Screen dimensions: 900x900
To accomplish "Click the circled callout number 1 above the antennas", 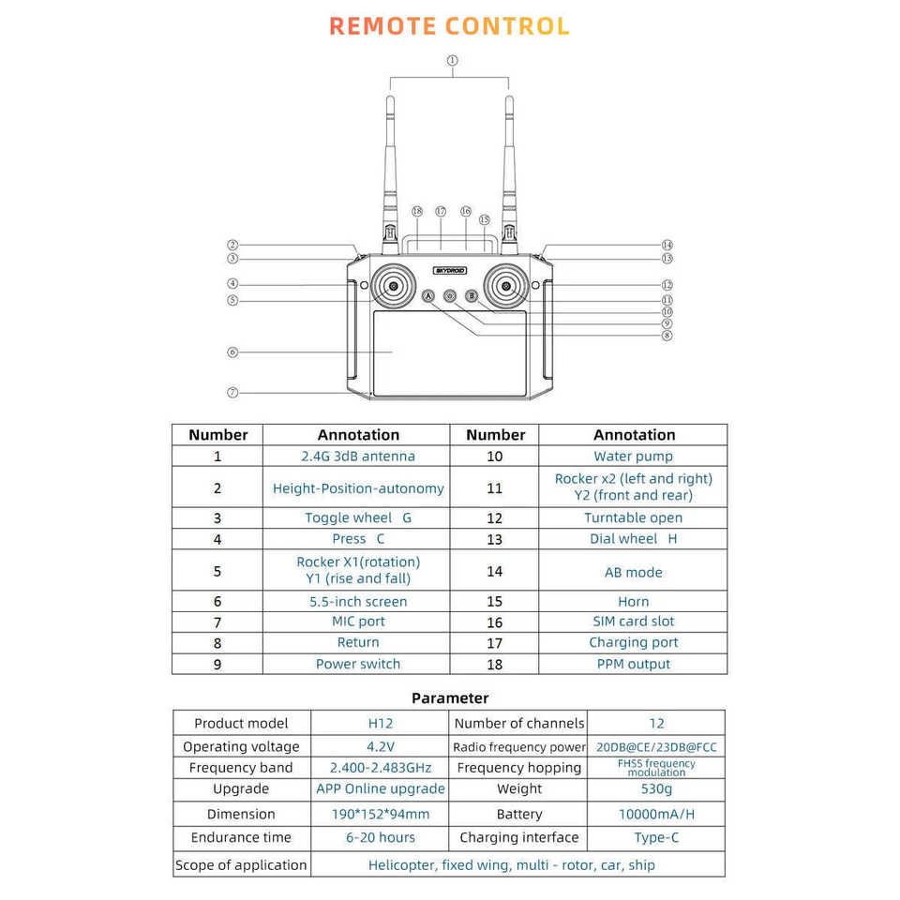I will (452, 61).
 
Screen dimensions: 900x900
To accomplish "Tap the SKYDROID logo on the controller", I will (449, 270).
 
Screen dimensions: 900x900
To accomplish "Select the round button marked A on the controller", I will (429, 296).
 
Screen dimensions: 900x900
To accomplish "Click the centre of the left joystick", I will (394, 286).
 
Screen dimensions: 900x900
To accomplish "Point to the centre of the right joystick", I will (506, 286).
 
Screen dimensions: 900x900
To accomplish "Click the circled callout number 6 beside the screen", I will (232, 352).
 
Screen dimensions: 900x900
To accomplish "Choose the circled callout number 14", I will (667, 245).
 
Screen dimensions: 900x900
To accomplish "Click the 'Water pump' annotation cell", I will (633, 457).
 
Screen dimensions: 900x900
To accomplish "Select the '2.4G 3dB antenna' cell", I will (358, 457).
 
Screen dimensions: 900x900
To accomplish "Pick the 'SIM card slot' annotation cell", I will (633, 622).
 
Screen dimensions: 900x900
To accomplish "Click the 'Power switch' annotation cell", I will (358, 664).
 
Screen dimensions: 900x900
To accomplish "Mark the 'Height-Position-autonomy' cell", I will (358, 488).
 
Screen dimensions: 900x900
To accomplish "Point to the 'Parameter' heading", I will (450, 697).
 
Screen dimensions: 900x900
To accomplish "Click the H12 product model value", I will (380, 723).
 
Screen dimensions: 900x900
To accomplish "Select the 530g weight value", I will (656, 789).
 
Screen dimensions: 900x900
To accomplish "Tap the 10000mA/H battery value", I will (656, 814).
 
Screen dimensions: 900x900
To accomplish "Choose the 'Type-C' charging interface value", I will (656, 837).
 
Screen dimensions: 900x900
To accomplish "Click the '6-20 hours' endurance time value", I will (380, 837).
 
